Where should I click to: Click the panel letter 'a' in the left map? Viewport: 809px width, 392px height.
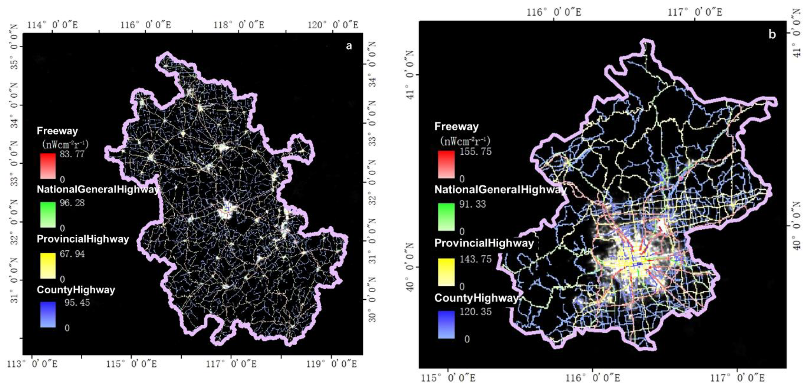point(349,46)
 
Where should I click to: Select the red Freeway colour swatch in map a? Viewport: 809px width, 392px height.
point(48,166)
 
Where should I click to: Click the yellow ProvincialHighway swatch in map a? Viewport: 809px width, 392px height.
point(48,266)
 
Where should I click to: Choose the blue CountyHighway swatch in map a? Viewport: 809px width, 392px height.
point(48,315)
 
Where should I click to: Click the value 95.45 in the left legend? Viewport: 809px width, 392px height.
point(77,303)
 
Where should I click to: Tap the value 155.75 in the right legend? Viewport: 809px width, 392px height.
point(475,152)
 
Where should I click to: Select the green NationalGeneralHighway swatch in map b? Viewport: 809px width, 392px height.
point(446,217)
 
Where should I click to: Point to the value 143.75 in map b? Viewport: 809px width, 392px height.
point(475,259)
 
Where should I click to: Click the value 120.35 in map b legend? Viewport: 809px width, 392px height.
point(475,312)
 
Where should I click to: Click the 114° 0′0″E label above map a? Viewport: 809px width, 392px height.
point(53,25)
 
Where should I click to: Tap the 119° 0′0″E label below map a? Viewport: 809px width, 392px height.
point(332,364)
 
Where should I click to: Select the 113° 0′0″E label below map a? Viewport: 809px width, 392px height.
point(32,364)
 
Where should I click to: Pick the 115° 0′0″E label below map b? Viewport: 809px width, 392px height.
point(448,378)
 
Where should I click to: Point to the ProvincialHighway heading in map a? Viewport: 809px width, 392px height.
point(83,239)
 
